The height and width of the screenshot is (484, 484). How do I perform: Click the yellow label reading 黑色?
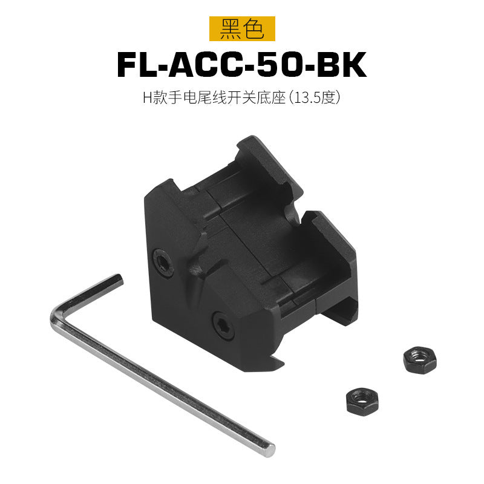click(x=242, y=28)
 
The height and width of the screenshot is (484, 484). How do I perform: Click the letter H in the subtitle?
click(x=148, y=97)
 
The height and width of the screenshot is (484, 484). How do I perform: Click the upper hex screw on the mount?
click(x=163, y=262)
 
